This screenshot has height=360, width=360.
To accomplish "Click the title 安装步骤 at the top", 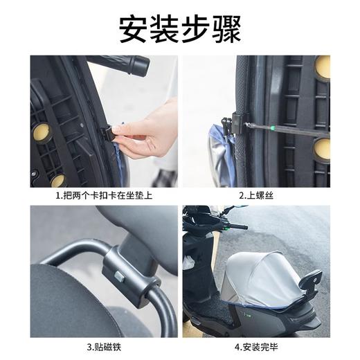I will pyautogui.click(x=180, y=28).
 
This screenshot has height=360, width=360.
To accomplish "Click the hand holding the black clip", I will pyautogui.click(x=149, y=132).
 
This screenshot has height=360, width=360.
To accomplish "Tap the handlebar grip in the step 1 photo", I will pyautogui.click(x=128, y=65).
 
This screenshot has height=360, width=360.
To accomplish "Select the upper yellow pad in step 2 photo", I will pyautogui.click(x=323, y=66).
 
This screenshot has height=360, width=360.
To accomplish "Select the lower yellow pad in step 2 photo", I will pyautogui.click(x=323, y=148).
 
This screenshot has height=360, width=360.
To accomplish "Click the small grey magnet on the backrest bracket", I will pyautogui.click(x=120, y=277).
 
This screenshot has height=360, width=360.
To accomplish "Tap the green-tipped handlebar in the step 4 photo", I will pyautogui.click(x=232, y=225).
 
